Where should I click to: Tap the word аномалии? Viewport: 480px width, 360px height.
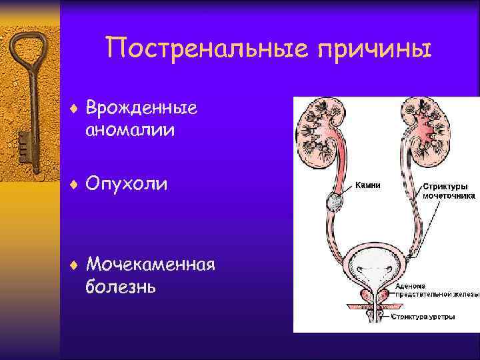[x=130, y=130]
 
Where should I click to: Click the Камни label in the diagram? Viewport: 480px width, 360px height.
[x=367, y=186]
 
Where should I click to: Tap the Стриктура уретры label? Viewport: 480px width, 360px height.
[x=424, y=317]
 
